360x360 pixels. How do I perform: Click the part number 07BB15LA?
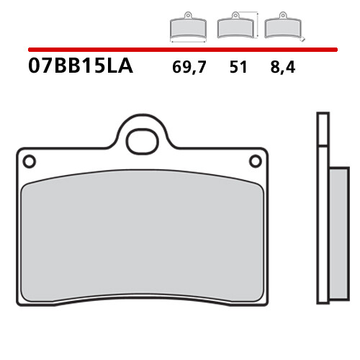[81, 66]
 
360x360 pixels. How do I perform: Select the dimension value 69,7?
[189, 67]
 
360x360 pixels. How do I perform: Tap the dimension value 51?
[238, 67]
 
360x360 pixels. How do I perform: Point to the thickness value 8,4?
[283, 67]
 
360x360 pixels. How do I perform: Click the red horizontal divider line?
[183, 50]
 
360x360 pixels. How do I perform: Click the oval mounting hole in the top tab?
[143, 142]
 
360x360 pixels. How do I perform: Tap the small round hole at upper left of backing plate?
[30, 161]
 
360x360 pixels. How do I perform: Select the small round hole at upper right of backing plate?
[256, 161]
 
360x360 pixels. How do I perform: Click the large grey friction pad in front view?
[143, 236]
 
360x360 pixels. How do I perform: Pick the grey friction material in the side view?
[339, 233]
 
